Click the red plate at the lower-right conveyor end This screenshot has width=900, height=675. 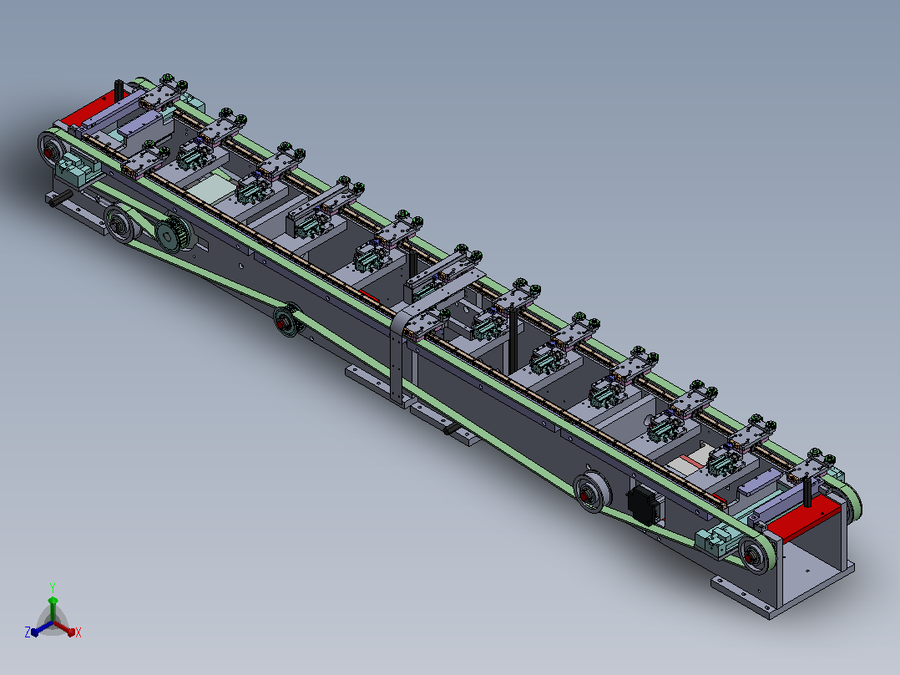click(803, 519)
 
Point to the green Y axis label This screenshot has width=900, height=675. click(53, 587)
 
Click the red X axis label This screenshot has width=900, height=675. click(78, 632)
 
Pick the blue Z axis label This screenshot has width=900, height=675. click(28, 632)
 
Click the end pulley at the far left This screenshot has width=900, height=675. click(51, 150)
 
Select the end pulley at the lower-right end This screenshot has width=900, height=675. click(756, 555)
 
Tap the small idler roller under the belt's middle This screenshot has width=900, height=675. click(286, 321)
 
